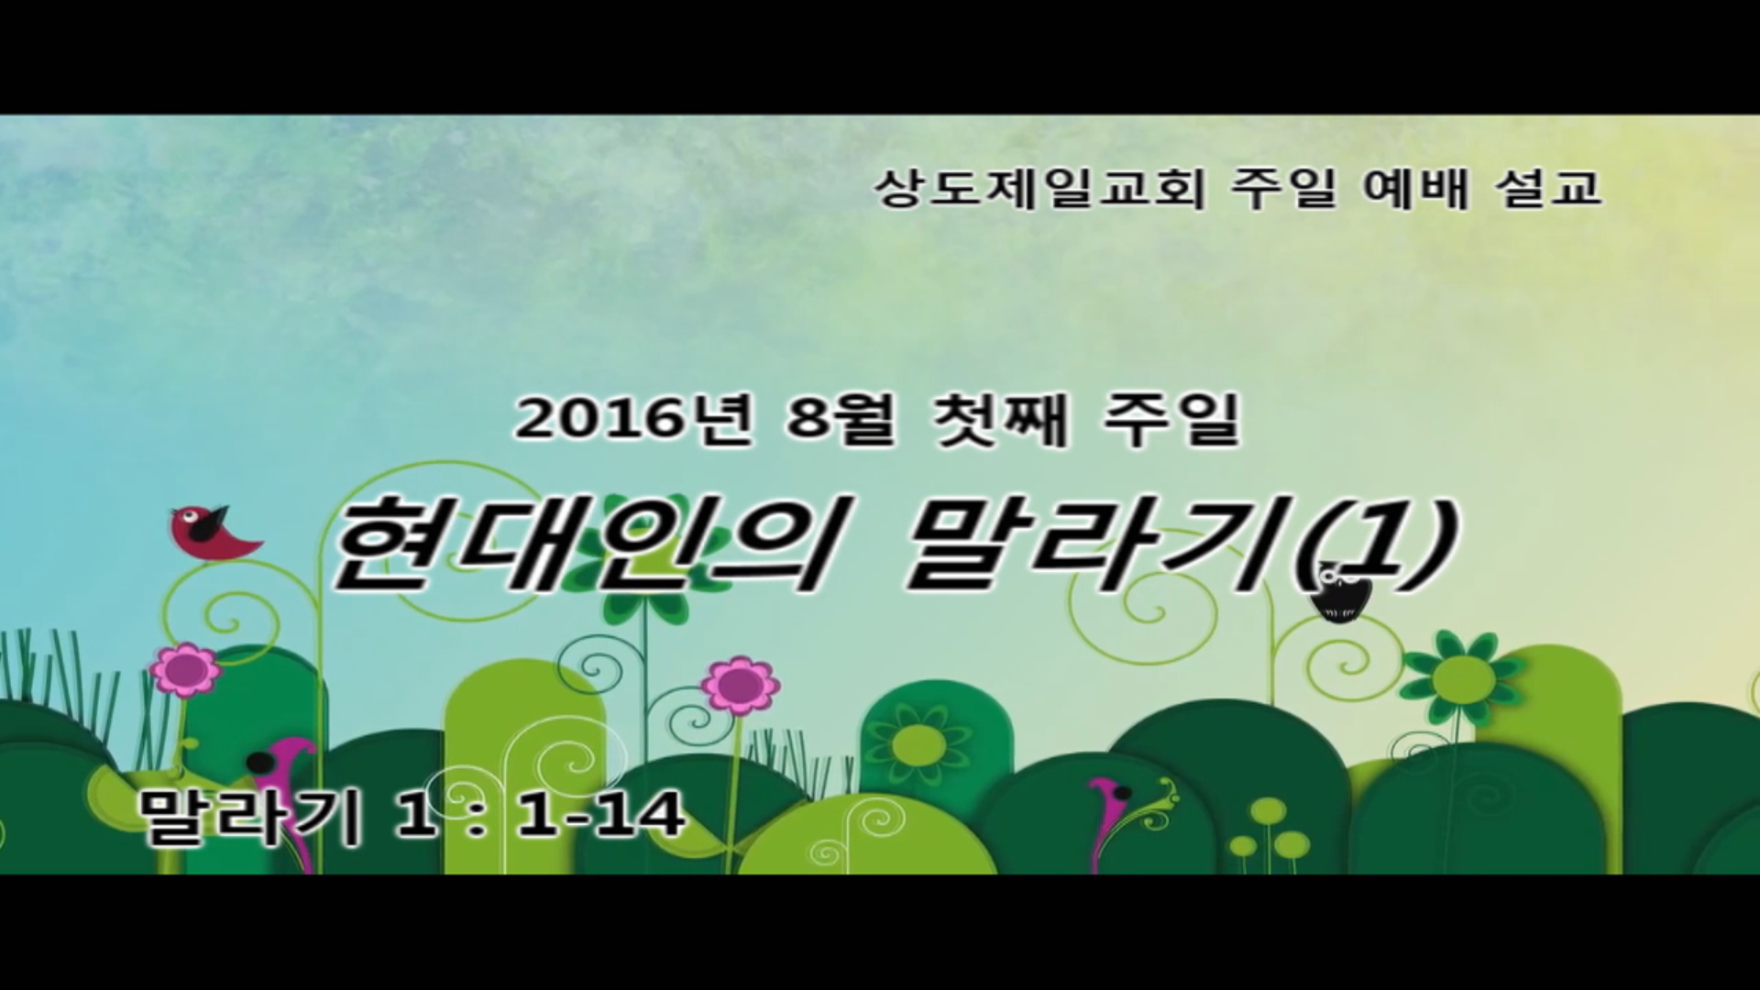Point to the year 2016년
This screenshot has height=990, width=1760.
click(x=634, y=421)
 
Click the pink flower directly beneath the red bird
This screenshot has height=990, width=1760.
click(x=186, y=670)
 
